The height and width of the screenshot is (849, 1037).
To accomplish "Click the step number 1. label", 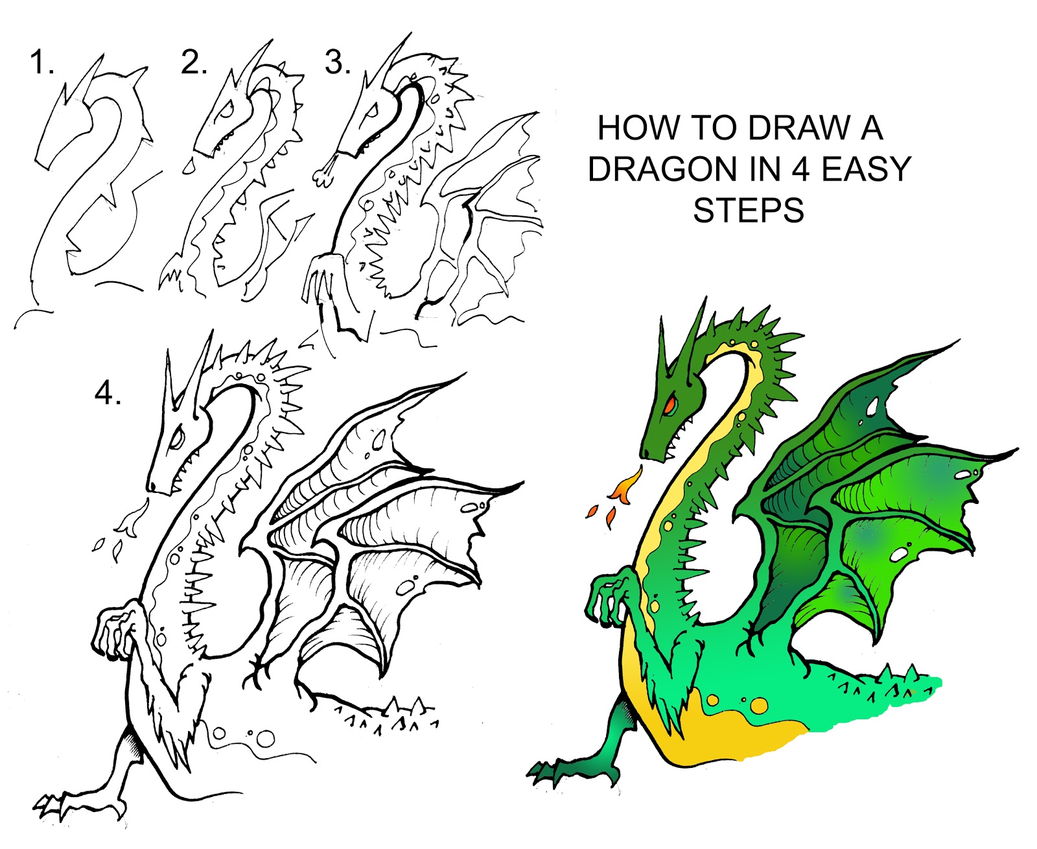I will (42, 64).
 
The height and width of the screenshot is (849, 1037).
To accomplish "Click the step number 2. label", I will (194, 64).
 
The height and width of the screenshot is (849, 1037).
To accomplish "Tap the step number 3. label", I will (338, 64).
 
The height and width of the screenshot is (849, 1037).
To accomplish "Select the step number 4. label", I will (108, 394).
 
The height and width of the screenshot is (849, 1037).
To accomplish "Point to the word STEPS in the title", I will (749, 211).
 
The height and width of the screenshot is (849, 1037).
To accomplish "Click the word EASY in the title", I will (867, 169).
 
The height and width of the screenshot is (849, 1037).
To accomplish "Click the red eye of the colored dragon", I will (670, 405).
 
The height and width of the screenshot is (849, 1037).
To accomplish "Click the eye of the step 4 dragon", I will (176, 438).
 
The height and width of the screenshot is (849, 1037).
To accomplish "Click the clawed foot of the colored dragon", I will (548, 771).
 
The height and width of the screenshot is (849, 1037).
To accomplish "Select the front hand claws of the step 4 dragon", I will (110, 632).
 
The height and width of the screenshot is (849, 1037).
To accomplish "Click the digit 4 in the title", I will (801, 169).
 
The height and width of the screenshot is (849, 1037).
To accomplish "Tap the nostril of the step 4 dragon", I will (152, 485).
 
